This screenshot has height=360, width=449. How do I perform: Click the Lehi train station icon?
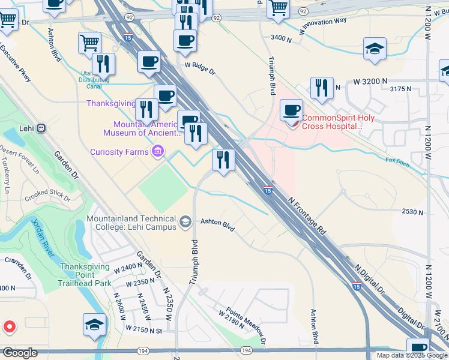pyautogui.click(x=41, y=128)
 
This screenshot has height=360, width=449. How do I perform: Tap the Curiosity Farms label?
pyautogui.click(x=119, y=152)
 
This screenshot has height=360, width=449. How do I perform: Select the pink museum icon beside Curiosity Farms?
pyautogui.click(x=158, y=152)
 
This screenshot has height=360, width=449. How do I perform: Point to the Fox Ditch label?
pyautogui.click(x=397, y=161)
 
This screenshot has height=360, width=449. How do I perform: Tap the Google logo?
pyautogui.click(x=20, y=353)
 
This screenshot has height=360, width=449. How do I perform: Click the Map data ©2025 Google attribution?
pyautogui.click(x=411, y=355)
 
